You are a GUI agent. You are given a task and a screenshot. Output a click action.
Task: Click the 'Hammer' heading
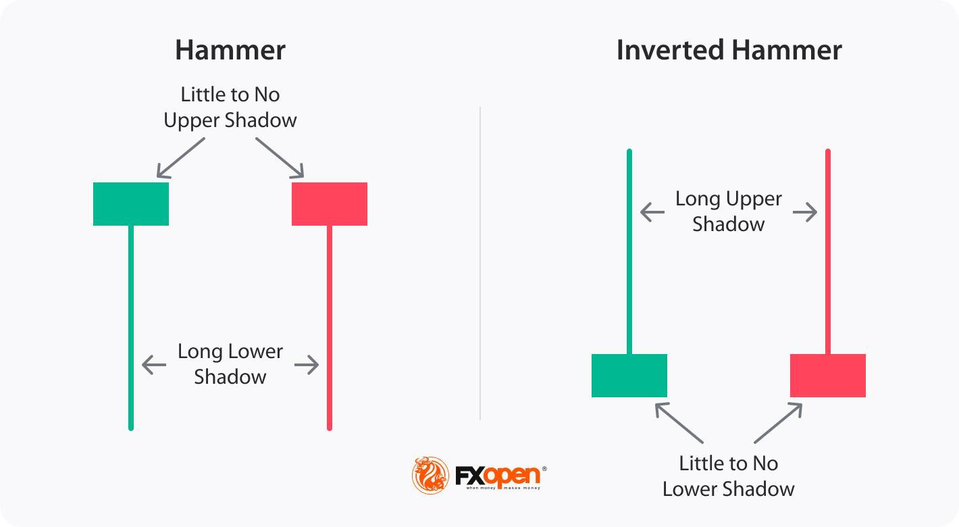point(230,51)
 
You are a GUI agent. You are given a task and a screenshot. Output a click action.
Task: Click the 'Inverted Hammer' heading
point(729,51)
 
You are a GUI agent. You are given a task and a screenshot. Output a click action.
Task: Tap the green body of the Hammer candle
point(131,204)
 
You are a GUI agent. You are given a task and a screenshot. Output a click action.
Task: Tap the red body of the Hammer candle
point(330,204)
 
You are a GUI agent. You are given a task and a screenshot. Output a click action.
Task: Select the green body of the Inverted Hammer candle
point(629,376)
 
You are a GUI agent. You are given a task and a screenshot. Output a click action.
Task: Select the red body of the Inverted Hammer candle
point(828,376)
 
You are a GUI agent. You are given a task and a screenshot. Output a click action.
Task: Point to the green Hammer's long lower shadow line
point(131,324)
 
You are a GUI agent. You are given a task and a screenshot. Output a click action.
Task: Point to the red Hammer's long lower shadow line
point(330,324)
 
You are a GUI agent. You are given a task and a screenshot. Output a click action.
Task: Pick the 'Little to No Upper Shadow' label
point(230,107)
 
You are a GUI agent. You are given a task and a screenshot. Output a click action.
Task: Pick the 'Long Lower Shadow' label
point(230,364)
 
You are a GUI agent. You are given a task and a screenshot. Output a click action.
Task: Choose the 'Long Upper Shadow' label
point(729,211)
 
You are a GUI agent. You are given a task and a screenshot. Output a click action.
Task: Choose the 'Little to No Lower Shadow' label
point(729,476)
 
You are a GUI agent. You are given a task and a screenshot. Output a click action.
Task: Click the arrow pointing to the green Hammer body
point(180,157)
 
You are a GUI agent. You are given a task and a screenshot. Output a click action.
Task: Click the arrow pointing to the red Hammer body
point(280,157)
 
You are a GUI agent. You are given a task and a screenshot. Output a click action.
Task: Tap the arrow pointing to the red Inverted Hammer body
point(778,423)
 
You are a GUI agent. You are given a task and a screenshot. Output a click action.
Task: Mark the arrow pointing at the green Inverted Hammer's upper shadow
point(652,213)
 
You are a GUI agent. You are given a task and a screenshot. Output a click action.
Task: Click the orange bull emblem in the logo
point(430,475)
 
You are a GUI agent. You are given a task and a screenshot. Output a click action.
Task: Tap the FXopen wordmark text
point(498,476)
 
